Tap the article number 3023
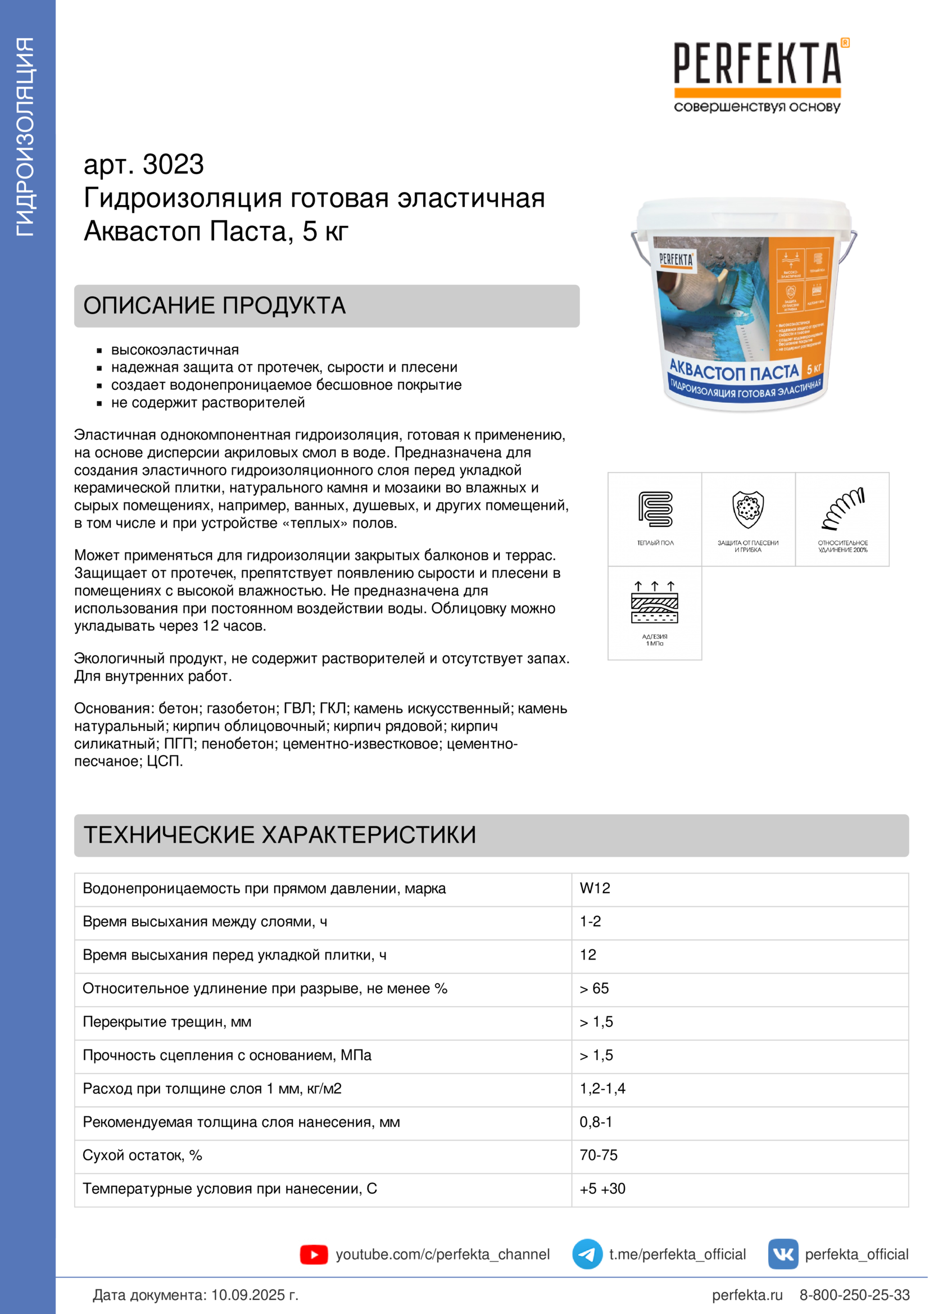coord(173,165)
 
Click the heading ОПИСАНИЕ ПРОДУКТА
coord(215,306)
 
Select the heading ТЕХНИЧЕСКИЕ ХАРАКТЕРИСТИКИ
coord(279,835)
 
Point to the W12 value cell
coord(595,888)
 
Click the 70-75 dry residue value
coord(598,1155)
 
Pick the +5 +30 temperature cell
coord(602,1189)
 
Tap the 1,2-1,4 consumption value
coord(602,1089)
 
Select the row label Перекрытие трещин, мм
coord(167,1021)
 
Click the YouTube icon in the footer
coord(314,1254)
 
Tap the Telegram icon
coord(587,1254)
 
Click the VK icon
coord(782,1254)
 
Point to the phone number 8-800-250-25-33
coord(854,1295)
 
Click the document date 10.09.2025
coord(254,1295)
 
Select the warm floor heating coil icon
coord(655,509)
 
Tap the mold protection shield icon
coord(748,509)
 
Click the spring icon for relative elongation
coord(842,509)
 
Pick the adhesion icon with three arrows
coord(655,602)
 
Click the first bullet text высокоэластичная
coord(175,349)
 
